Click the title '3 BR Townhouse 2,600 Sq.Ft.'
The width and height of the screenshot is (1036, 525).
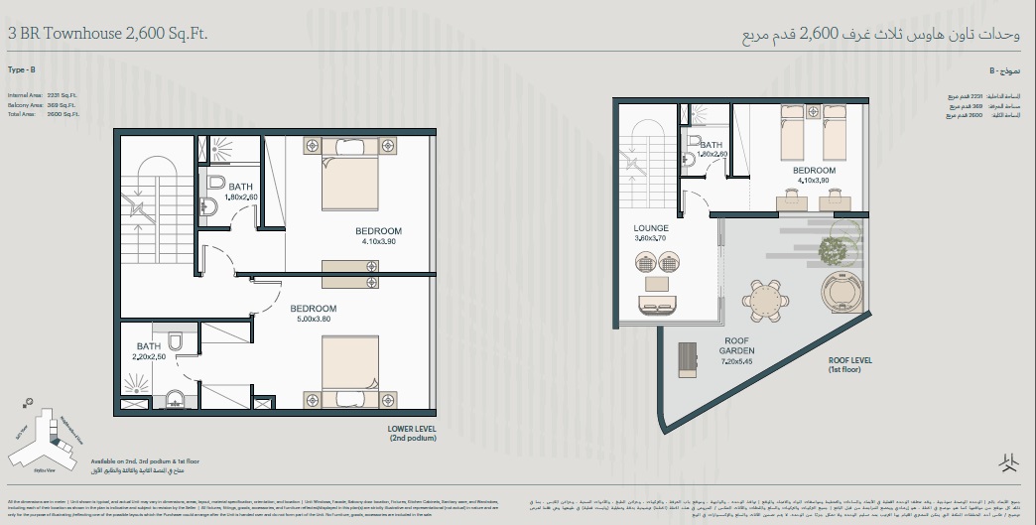tap(108, 34)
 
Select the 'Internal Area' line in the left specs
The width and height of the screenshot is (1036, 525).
tap(42, 95)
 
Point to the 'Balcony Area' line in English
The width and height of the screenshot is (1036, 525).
tap(42, 104)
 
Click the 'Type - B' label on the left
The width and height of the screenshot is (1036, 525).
tap(21, 71)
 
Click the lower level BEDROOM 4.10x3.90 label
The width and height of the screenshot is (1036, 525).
tap(378, 236)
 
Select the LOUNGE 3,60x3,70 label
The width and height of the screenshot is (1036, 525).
tap(652, 233)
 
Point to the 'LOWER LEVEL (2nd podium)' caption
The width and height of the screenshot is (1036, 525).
tap(414, 433)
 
